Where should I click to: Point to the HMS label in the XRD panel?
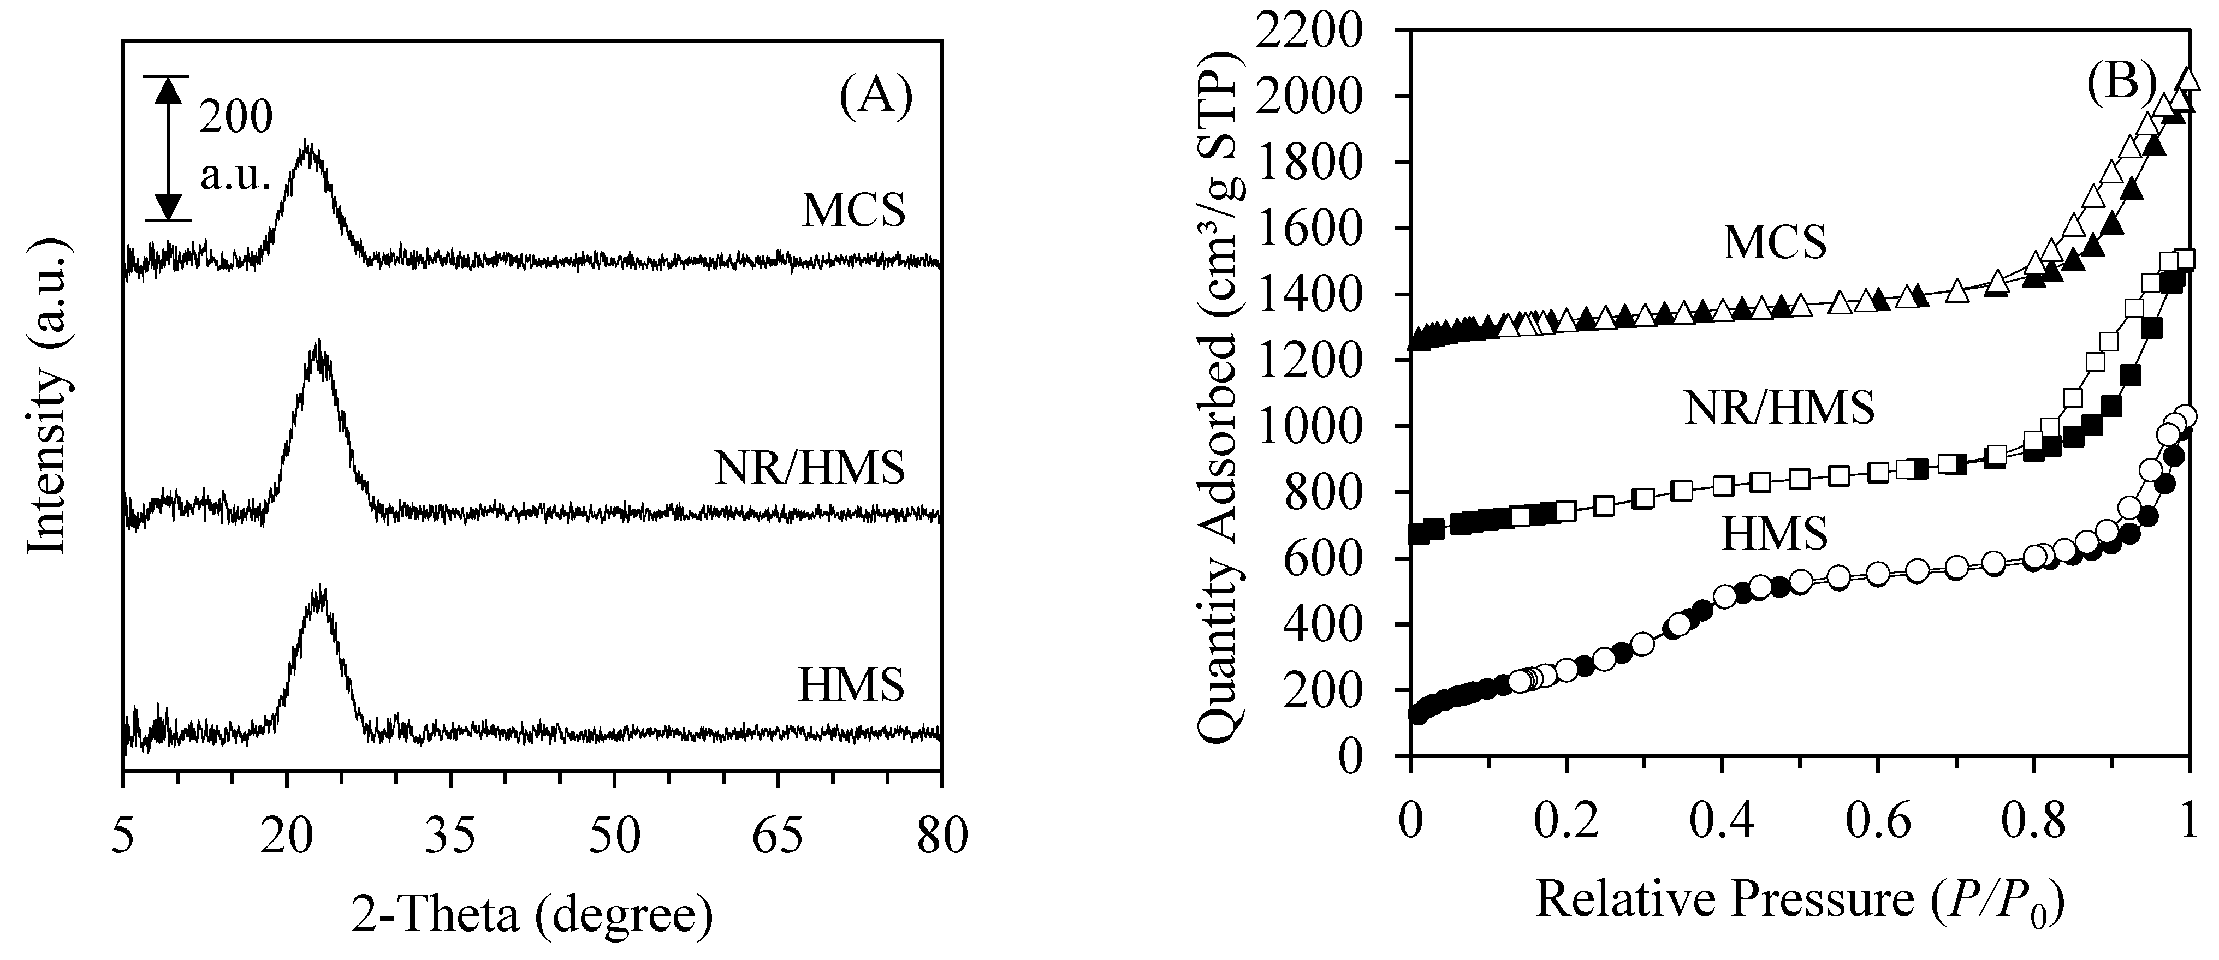tap(851, 685)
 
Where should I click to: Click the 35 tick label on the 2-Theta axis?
tap(450, 835)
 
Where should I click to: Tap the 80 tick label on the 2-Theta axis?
tap(941, 835)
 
